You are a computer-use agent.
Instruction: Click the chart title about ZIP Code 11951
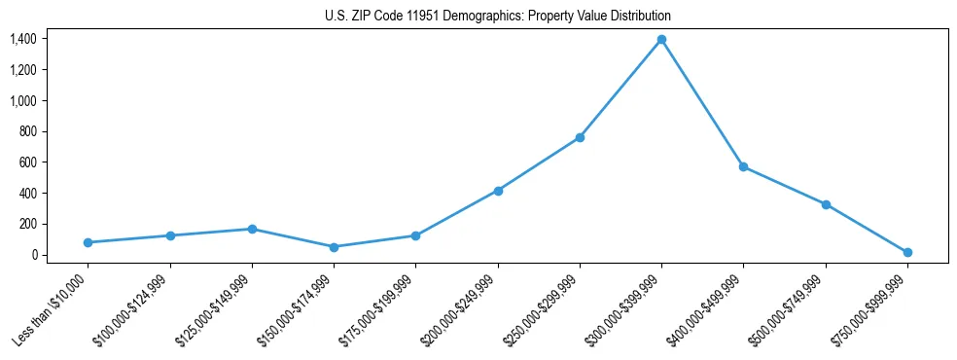[x=498, y=17]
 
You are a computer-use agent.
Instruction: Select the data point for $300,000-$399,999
[x=661, y=39]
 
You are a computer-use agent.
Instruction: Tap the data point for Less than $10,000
[x=88, y=242]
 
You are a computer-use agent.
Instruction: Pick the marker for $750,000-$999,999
[x=907, y=252]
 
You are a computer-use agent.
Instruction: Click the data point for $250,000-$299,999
[x=580, y=137]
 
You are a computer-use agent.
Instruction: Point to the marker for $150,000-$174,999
[x=334, y=247]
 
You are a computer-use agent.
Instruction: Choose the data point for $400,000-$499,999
[x=743, y=166]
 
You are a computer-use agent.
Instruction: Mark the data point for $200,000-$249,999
[x=498, y=191]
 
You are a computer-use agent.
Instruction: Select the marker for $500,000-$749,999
[x=826, y=204]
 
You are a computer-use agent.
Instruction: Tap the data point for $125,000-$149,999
[x=252, y=229]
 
